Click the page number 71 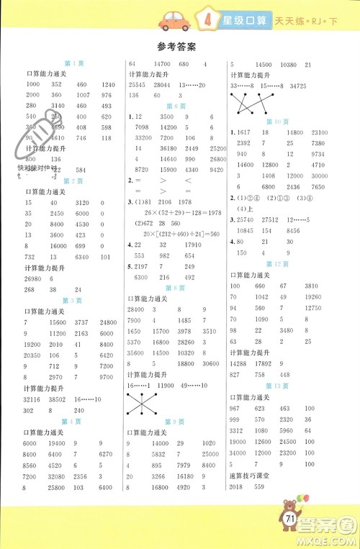coord(292,519)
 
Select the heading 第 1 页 coord(74,63)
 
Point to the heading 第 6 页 coord(176,104)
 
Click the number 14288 coord(239,363)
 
